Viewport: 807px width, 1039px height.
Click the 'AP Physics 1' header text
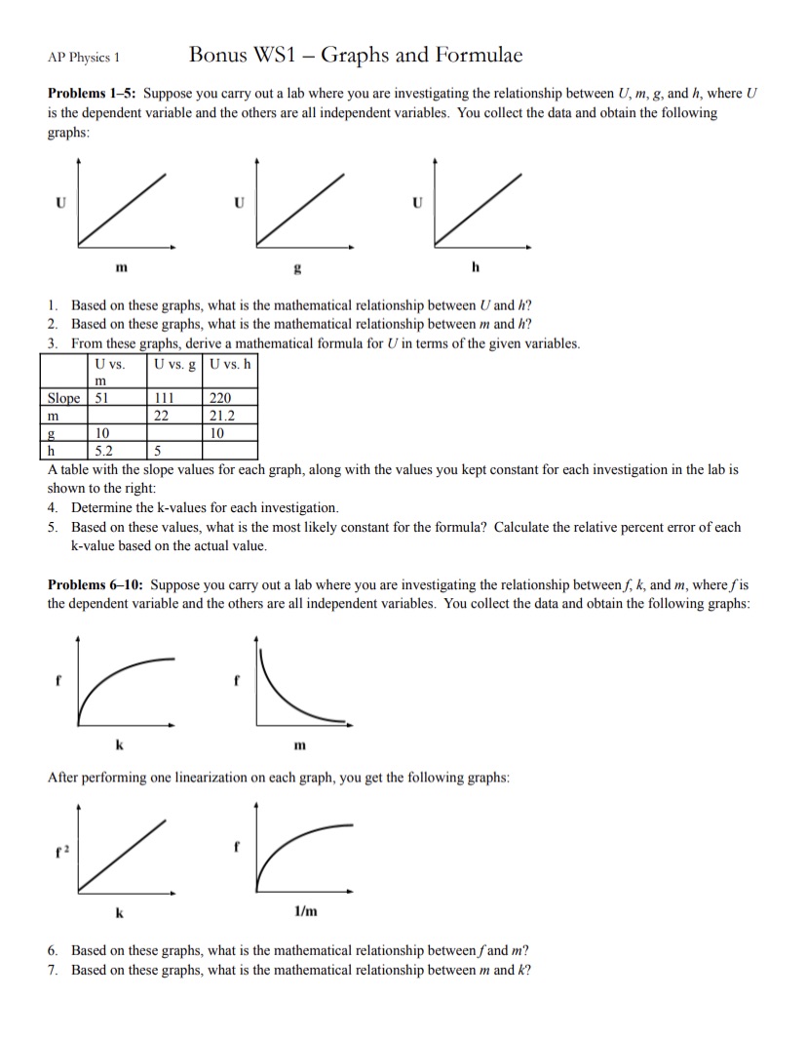point(83,57)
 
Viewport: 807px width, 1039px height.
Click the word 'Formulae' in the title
point(472,55)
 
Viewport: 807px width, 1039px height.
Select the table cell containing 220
point(220,398)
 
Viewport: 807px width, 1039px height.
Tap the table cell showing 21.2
point(222,416)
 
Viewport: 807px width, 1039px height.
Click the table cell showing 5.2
point(105,451)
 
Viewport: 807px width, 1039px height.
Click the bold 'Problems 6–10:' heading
point(96,585)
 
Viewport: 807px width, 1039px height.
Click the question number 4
point(53,508)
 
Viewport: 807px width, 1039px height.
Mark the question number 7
point(53,970)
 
